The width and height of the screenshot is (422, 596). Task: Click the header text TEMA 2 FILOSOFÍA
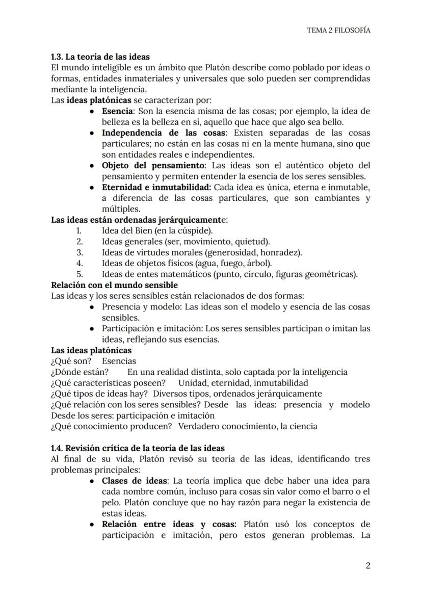338,30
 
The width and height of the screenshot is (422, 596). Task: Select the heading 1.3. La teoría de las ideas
100,57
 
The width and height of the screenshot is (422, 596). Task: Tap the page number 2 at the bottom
367,565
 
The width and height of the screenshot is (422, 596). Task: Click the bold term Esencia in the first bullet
117,111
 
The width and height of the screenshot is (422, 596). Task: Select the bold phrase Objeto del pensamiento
153,166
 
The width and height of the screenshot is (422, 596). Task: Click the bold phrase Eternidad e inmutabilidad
156,187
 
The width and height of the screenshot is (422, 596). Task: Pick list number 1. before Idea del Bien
79,231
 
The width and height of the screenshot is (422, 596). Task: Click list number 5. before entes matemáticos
79,274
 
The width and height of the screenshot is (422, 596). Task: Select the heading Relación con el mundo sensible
114,285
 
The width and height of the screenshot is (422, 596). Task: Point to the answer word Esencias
119,361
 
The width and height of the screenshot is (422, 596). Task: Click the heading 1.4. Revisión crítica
138,448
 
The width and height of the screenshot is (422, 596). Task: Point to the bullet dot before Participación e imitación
91,329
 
